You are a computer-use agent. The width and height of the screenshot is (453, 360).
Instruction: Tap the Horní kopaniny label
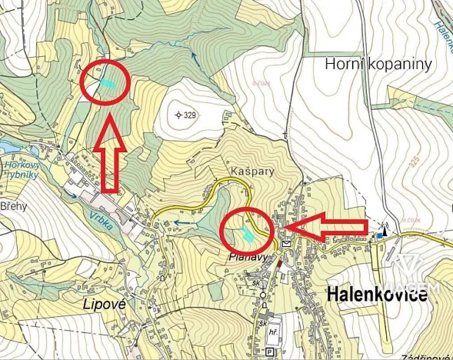378,65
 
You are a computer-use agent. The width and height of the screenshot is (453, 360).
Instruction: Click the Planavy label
246,258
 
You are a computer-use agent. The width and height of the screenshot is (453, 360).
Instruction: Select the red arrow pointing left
327,225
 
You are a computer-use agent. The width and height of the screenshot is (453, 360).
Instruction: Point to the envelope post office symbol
288,243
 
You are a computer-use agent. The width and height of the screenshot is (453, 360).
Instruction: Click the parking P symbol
268,352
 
